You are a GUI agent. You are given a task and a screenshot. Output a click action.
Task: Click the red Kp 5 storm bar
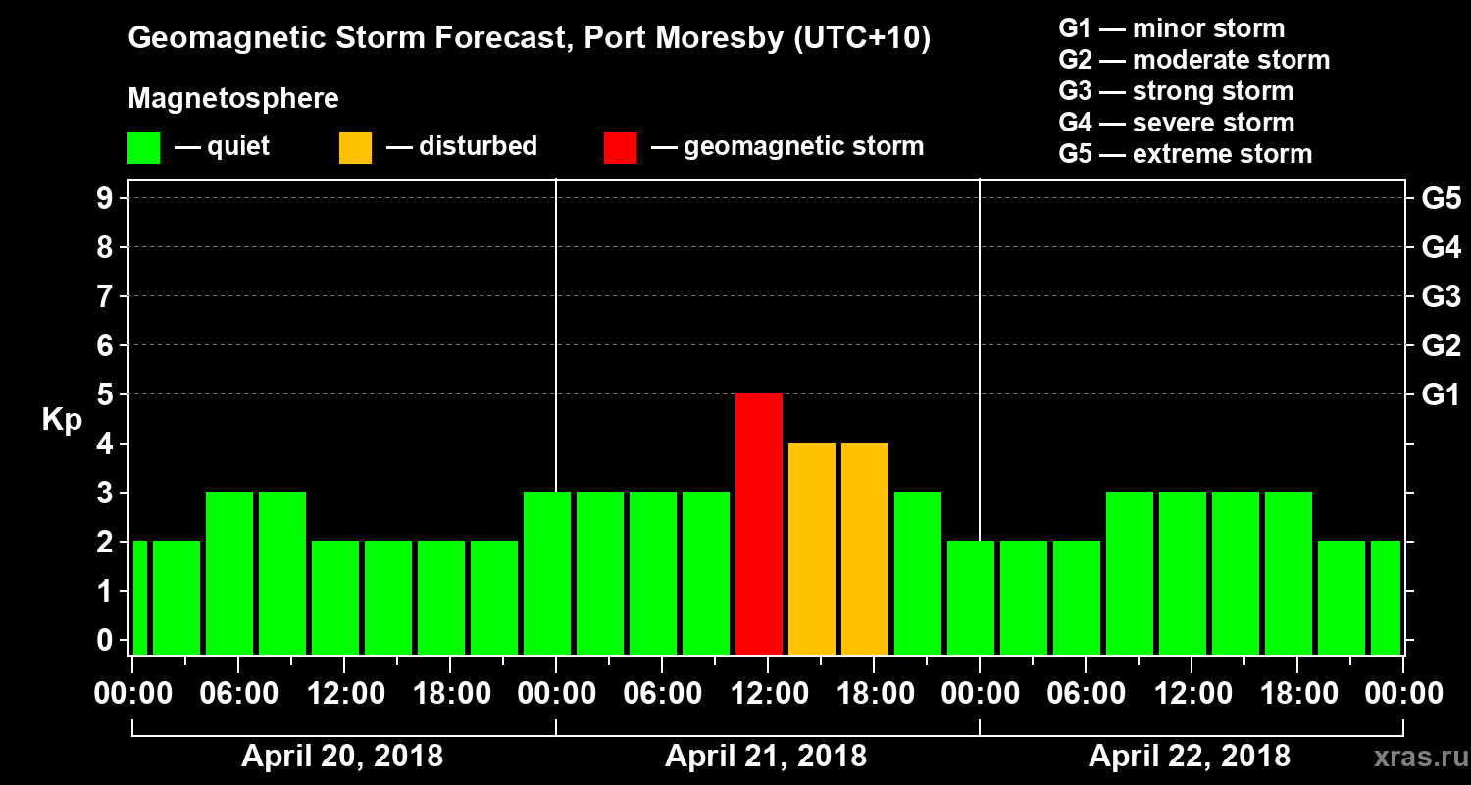point(759,524)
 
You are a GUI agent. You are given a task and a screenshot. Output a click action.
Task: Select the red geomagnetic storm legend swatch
point(620,147)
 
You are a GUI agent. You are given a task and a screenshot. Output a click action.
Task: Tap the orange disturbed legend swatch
point(355,147)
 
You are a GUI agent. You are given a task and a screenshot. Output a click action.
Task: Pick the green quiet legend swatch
point(143,147)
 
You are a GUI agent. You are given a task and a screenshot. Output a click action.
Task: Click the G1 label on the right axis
point(1441,394)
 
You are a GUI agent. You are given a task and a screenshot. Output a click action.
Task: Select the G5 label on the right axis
point(1441,198)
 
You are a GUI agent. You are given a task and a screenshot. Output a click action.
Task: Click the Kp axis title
point(62,420)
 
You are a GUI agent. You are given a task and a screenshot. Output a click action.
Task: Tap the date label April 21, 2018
point(766,757)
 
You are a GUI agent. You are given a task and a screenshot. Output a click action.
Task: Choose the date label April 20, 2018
point(342,757)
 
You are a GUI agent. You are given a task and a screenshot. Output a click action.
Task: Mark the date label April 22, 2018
point(1190,757)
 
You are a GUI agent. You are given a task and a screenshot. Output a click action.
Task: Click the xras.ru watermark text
point(1413,757)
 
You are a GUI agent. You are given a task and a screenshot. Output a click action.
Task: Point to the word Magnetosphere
point(233,99)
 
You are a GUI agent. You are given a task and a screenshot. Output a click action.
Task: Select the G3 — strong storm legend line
point(1176,91)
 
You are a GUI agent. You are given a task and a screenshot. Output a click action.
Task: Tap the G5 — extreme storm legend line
point(1185,154)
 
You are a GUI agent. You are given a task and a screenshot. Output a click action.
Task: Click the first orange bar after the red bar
point(812,549)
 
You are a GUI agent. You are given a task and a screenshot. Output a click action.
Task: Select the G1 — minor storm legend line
point(1172,28)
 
